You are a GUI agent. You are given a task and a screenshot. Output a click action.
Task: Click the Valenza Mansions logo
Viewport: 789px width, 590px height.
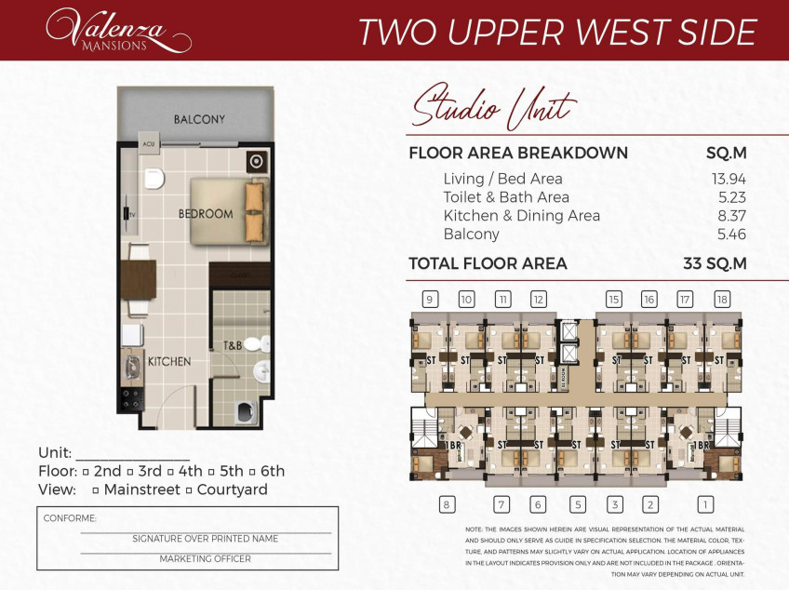point(118,30)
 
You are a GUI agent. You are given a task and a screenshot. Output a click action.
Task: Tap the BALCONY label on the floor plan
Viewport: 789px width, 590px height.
point(199,119)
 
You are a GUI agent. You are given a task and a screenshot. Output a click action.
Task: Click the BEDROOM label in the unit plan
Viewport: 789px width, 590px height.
point(206,214)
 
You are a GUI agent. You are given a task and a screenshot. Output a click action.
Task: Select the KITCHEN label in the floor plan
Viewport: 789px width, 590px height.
point(169,361)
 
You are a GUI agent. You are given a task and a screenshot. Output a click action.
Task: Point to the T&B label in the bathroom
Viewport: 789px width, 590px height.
point(232,346)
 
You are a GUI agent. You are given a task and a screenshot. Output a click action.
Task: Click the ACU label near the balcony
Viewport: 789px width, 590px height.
point(147,144)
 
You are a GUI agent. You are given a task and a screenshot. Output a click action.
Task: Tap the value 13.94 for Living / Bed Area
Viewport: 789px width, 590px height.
point(727,179)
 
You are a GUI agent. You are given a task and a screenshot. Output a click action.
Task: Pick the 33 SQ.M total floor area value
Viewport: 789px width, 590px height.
point(715,263)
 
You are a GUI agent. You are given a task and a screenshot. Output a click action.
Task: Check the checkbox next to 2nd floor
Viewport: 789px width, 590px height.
point(86,472)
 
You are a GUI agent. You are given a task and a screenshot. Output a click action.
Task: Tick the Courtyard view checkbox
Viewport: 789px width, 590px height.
point(190,490)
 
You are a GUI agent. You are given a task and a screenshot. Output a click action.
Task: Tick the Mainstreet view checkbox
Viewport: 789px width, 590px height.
point(96,490)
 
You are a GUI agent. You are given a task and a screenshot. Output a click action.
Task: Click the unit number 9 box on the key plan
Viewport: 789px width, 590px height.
point(430,299)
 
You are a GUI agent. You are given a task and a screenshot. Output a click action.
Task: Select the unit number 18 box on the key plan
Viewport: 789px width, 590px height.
point(723,299)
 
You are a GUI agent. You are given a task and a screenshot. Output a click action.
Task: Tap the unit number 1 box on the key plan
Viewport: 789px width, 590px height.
point(706,504)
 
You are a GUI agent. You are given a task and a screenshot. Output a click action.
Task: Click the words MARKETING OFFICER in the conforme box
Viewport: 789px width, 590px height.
point(205,559)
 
